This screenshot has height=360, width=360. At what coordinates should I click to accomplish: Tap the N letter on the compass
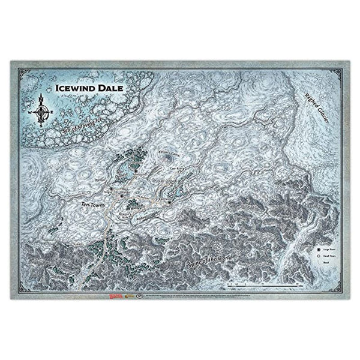coord(40,94)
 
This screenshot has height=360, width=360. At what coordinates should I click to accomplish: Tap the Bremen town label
coord(100,178)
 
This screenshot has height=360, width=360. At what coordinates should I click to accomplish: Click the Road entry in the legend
coord(325,263)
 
